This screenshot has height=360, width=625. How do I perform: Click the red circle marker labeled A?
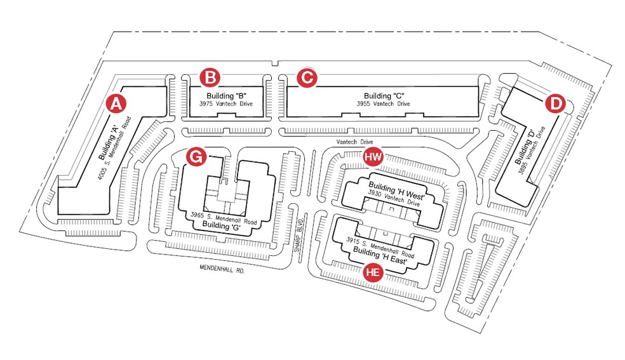115,103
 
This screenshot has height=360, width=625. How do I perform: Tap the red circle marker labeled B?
210,77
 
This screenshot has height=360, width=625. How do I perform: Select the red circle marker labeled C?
307,77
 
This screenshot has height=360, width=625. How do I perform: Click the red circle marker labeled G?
196,156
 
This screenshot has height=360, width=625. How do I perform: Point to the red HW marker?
373,156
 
